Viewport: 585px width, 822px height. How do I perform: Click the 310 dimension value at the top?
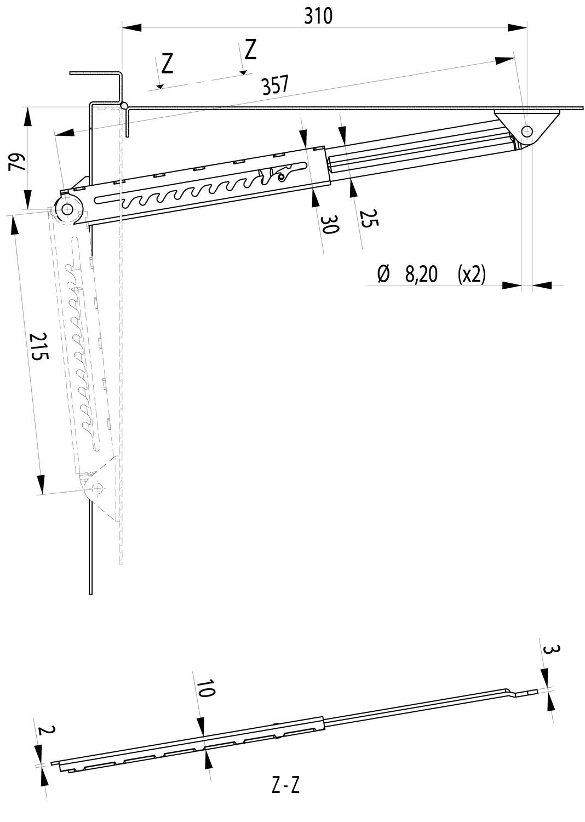318,16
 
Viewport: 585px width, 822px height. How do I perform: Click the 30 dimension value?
330,224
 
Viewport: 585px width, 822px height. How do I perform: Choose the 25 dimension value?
369,218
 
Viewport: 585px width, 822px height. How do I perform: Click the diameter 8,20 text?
408,274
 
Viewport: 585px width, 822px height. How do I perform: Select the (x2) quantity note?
471,274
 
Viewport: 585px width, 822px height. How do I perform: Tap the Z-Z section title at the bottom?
285,786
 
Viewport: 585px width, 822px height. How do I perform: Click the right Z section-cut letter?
250,49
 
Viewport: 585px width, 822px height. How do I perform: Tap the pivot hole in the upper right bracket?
527,131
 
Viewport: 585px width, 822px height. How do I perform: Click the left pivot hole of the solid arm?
68,209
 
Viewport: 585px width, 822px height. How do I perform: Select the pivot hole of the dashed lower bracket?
97,487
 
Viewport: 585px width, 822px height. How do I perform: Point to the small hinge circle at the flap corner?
124,105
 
